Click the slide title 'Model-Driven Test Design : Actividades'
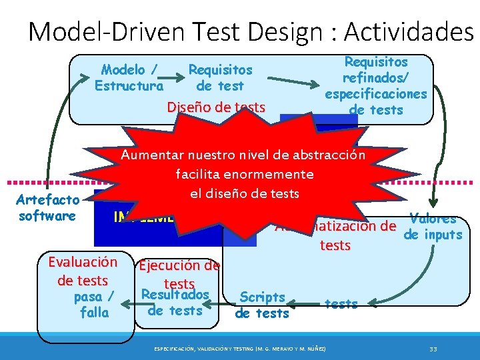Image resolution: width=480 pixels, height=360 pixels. tap(250, 31)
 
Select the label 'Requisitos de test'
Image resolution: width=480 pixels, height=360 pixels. tap(220, 77)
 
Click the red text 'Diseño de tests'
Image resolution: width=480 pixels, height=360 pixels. tap(215, 107)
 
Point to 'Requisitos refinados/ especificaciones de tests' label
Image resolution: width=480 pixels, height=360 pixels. tap(375, 85)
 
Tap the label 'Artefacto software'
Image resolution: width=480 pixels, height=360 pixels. tap(47, 207)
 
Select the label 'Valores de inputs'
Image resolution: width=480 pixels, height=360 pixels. tap(433, 227)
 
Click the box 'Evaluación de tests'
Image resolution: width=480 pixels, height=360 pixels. tap(83, 271)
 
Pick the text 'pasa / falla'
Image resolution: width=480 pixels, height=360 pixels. tap(94, 304)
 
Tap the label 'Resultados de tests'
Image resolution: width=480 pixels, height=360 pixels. tap(175, 303)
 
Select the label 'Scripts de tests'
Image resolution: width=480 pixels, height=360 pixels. tap(262, 305)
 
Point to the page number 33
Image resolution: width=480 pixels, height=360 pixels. tap(433, 348)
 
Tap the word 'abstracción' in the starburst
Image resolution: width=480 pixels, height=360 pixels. tap(332, 155)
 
